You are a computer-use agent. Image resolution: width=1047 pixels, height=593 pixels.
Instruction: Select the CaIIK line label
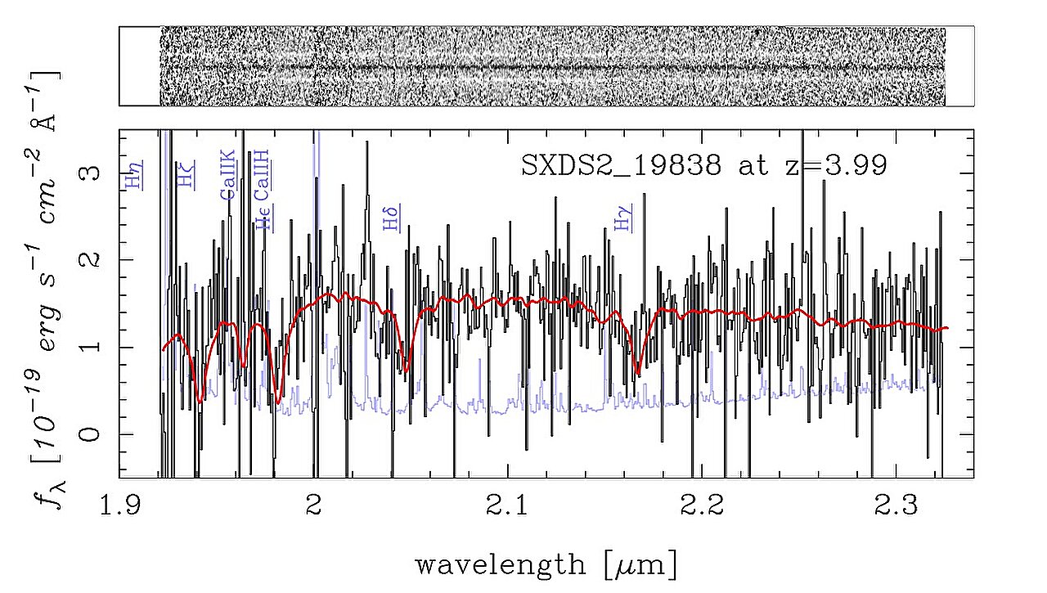227,175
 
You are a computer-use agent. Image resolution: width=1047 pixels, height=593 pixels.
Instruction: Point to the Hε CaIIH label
263,196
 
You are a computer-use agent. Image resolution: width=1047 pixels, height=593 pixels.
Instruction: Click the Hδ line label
392,218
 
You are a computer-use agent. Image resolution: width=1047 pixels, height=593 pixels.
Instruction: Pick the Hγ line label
624,218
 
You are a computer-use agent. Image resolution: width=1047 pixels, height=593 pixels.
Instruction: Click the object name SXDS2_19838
622,166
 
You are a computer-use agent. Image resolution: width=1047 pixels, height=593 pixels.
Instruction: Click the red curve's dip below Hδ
406,371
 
